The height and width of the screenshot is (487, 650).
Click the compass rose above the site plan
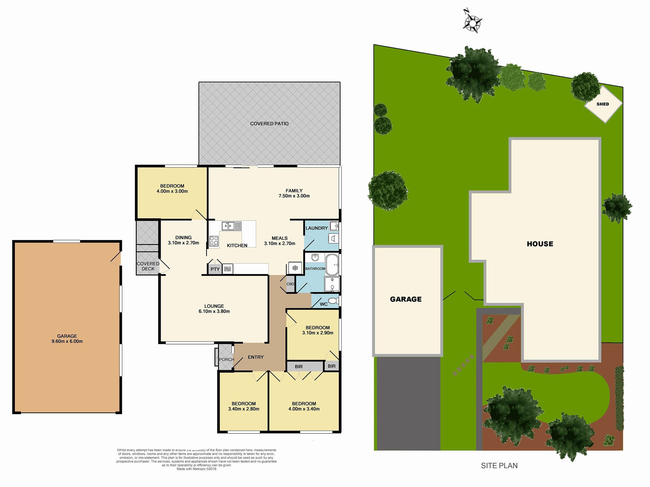pyautogui.click(x=472, y=22)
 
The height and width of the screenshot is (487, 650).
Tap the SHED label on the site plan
pyautogui.click(x=603, y=104)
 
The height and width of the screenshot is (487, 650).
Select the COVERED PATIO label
pyautogui.click(x=269, y=124)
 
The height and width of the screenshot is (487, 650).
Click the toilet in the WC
pyautogui.click(x=333, y=301)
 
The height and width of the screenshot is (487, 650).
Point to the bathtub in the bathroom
pyautogui.click(x=332, y=264)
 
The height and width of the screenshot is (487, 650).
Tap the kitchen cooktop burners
pyautogui.click(x=214, y=241)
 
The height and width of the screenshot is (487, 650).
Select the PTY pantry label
pyautogui.click(x=215, y=269)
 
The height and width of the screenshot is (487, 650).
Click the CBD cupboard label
pyautogui.click(x=290, y=284)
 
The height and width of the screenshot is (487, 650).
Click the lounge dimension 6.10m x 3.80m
pyautogui.click(x=214, y=311)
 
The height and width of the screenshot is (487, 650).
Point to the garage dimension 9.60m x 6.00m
pyautogui.click(x=67, y=341)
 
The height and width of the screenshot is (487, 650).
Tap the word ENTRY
pyautogui.click(x=256, y=357)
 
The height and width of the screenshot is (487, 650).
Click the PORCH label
pyautogui.click(x=226, y=359)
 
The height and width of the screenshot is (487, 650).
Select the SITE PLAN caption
pyautogui.click(x=499, y=465)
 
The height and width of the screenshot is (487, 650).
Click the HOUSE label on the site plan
pyautogui.click(x=540, y=244)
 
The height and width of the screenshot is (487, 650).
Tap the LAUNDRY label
pyautogui.click(x=316, y=228)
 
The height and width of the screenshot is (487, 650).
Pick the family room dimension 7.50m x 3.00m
pyautogui.click(x=294, y=196)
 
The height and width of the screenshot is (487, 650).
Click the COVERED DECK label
pyautogui.click(x=148, y=266)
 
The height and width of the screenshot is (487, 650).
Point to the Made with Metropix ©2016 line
pyautogui.click(x=196, y=469)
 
